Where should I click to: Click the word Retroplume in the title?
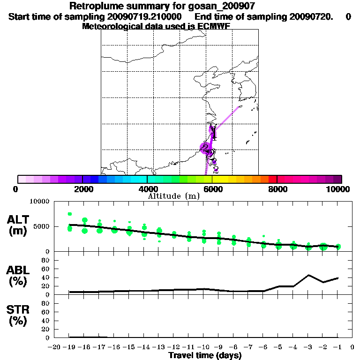92,6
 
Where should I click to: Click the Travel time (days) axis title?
205,355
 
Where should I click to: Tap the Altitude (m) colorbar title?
174,196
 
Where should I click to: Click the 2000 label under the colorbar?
82,189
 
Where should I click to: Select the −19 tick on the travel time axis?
69,347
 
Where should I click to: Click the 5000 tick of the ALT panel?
42,227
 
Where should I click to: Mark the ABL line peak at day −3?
308,275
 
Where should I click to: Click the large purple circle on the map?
205,148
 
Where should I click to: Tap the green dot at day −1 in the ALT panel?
338,247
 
